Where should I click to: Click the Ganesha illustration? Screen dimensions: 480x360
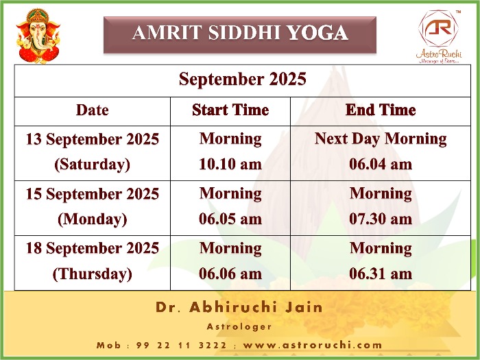(x=38, y=36)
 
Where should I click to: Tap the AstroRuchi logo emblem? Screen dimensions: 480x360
(x=438, y=28)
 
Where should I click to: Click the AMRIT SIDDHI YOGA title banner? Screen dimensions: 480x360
(x=240, y=35)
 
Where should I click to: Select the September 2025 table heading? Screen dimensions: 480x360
(x=243, y=80)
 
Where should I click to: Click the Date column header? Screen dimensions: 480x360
(x=92, y=110)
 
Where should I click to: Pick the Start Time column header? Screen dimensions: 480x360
(x=230, y=110)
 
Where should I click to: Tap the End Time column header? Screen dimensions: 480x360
(x=381, y=110)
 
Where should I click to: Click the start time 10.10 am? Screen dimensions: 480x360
(x=230, y=164)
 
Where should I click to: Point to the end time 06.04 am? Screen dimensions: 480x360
(x=381, y=164)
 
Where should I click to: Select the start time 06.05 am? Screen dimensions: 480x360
(x=230, y=219)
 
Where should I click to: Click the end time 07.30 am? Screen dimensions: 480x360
(x=381, y=219)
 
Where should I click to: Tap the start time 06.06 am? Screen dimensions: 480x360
(x=230, y=274)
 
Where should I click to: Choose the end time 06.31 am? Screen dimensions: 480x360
(x=381, y=274)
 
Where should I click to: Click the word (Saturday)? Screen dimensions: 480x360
(x=92, y=165)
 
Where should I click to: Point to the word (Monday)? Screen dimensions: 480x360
(x=92, y=219)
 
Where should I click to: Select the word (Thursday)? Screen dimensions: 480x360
(x=92, y=274)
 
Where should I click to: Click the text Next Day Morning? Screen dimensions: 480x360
(x=381, y=139)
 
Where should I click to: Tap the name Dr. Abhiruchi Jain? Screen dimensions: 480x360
(x=239, y=307)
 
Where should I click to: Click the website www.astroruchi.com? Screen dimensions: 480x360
(x=313, y=346)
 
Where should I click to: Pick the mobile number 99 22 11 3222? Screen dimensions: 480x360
(x=181, y=346)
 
